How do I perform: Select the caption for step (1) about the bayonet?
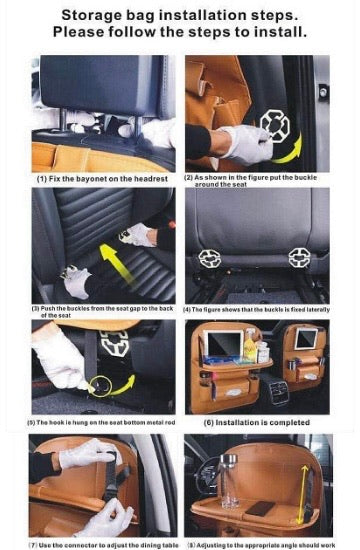pos(94,178)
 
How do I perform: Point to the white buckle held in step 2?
pos(274,124)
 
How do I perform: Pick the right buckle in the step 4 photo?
pos(299,257)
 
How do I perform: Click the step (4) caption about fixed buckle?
pos(257,309)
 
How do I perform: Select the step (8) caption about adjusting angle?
pos(258,544)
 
